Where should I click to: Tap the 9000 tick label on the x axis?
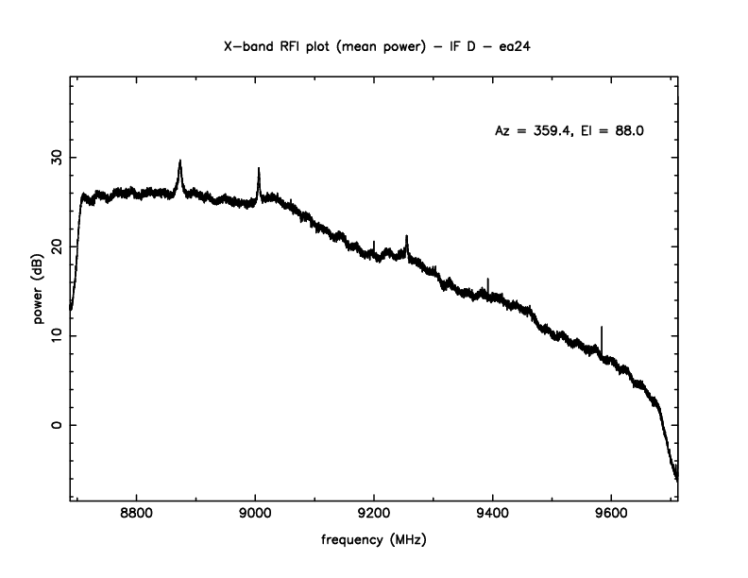click(255, 516)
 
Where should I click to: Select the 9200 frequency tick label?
click(374, 516)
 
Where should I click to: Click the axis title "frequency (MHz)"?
click(374, 542)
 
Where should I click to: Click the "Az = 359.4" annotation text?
click(535, 131)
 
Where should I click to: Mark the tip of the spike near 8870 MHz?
click(179, 161)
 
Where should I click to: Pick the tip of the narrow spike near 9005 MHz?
click(259, 168)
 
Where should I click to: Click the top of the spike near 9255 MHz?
click(407, 236)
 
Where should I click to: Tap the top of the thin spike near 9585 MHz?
click(603, 327)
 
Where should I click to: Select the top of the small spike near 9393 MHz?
click(488, 279)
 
